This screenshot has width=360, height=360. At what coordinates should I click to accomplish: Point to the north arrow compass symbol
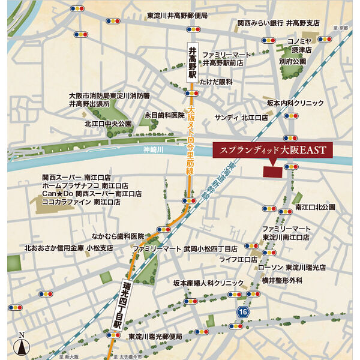tap(22, 344)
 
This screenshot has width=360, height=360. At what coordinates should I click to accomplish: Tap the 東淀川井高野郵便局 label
tap(178, 15)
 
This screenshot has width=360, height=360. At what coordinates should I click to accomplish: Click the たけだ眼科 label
tap(216, 82)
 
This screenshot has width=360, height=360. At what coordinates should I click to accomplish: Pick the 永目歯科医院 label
tap(164, 115)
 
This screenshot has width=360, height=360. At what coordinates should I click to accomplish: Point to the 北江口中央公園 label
tap(109, 124)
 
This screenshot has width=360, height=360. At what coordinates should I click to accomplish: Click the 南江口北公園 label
tap(315, 207)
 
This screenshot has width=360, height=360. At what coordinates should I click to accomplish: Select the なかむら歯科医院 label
tap(118, 236)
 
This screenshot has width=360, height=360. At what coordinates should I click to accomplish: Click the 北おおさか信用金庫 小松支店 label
tap(69, 247)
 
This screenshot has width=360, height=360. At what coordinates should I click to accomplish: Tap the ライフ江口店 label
tap(238, 259)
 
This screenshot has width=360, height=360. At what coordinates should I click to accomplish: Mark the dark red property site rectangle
tap(273, 170)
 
